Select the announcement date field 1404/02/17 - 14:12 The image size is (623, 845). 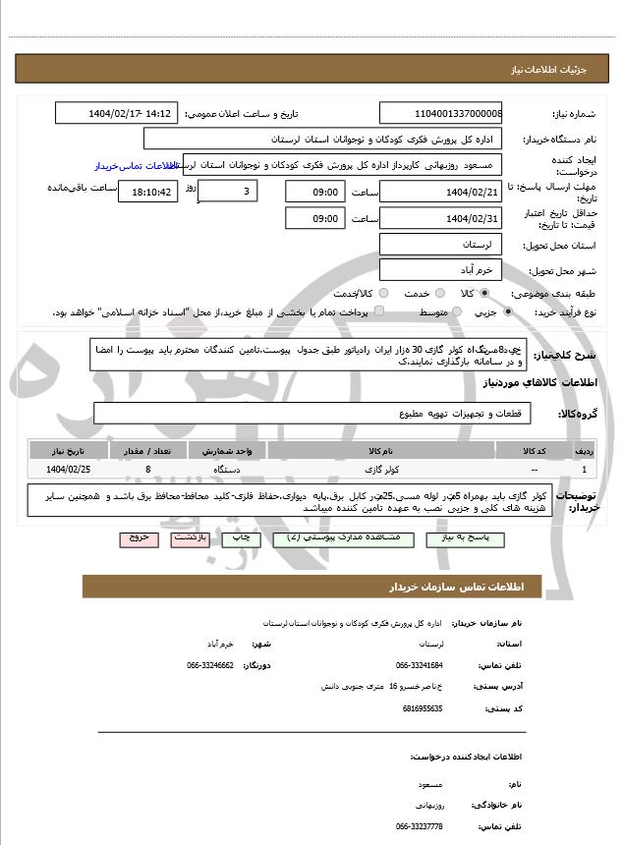coord(115,113)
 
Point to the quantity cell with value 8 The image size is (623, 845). coord(147,470)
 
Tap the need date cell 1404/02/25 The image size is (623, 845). coord(68,470)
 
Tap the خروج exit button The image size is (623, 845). coord(137,538)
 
